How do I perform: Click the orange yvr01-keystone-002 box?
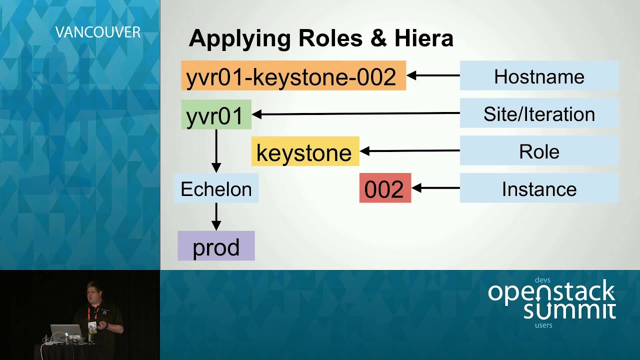coord(293,75)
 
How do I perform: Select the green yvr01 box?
coord(216,114)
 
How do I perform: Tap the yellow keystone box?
coord(305,151)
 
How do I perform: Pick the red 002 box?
coord(385,187)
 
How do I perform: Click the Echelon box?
coord(216,188)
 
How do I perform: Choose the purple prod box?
coord(216,245)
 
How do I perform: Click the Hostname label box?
coord(539,75)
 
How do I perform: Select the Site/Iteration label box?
coord(539,113)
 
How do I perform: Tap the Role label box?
coord(539,150)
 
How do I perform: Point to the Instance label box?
coord(539,188)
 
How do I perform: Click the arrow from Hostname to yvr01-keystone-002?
coord(433,75)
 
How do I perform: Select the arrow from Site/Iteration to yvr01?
coord(355,113)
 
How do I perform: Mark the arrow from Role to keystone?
coord(409,150)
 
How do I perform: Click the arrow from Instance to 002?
coord(435,188)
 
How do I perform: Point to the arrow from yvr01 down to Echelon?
coord(216,151)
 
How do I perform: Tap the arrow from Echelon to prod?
coord(216,216)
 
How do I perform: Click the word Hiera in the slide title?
coord(424,38)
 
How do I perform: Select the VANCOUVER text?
coord(97,32)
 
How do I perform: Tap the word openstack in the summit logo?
coord(551,292)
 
